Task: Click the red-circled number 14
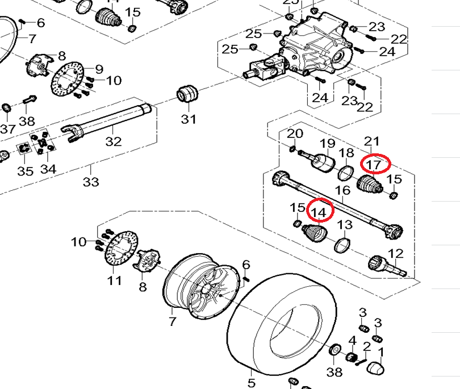click(320, 211)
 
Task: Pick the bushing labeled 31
click(187, 94)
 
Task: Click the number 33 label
click(91, 182)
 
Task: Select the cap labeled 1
click(377, 367)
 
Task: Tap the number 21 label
click(371, 141)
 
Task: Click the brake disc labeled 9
click(66, 83)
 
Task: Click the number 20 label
click(295, 133)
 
